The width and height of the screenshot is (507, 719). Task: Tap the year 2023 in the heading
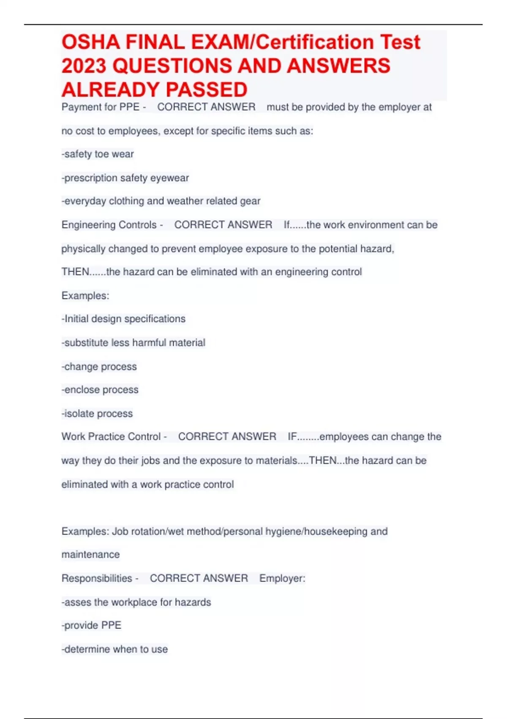pyautogui.click(x=83, y=66)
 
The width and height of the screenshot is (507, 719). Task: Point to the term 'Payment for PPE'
pyautogui.click(x=101, y=107)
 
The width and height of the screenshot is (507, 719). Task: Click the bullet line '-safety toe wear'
pyautogui.click(x=98, y=154)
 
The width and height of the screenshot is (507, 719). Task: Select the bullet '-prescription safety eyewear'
pyautogui.click(x=125, y=178)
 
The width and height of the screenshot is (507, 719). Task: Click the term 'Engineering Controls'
pyautogui.click(x=109, y=225)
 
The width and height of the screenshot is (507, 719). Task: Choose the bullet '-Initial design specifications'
pyautogui.click(x=123, y=318)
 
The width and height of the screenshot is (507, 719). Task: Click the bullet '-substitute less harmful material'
pyautogui.click(x=134, y=343)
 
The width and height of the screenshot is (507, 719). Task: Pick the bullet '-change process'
pyautogui.click(x=99, y=366)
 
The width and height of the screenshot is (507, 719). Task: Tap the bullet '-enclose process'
pyautogui.click(x=100, y=390)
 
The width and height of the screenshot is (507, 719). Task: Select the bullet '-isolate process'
pyautogui.click(x=97, y=413)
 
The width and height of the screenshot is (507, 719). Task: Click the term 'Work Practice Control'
pyautogui.click(x=111, y=436)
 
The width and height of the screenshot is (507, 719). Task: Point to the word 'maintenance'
pyautogui.click(x=90, y=554)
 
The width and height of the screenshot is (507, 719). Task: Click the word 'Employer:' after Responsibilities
pyautogui.click(x=282, y=578)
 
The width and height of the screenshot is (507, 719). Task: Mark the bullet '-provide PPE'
pyautogui.click(x=91, y=625)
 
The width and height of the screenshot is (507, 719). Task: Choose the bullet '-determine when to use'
pyautogui.click(x=114, y=649)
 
